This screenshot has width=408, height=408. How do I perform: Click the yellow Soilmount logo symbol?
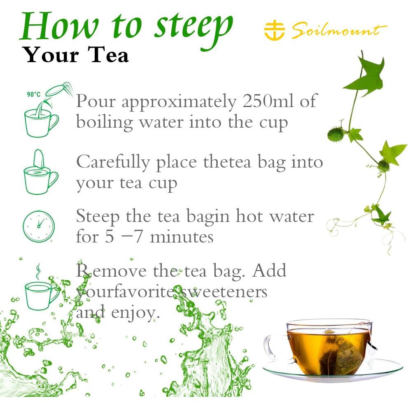pos(274,31)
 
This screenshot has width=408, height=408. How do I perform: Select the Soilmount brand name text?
pos(339,31)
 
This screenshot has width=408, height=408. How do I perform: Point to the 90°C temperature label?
pos(34,94)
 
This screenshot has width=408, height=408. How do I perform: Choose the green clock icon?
pos(39,226)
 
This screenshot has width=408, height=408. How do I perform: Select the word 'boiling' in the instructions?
pos(104,122)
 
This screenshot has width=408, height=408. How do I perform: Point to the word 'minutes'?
pos(182,237)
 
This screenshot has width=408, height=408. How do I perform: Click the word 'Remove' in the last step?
pos(111,270)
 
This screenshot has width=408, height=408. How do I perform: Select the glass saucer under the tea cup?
pos(333,371)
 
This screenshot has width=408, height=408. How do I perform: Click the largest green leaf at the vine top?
pos(364,75)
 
